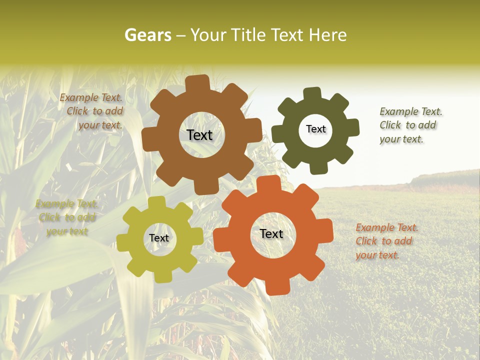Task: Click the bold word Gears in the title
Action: [x=147, y=35]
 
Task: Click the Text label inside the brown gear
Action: [x=199, y=135]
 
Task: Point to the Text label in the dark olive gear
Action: [x=315, y=129]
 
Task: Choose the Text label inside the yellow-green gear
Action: [x=159, y=238]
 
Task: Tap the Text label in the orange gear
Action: [x=271, y=234]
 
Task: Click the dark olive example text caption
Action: [x=410, y=125]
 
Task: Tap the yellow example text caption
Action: [x=66, y=217]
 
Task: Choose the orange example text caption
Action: [x=386, y=241]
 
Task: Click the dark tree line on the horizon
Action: [x=445, y=178]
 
